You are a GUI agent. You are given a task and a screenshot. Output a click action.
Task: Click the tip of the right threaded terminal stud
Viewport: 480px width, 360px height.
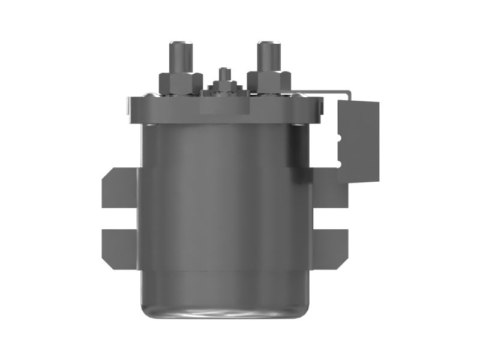click(268, 44)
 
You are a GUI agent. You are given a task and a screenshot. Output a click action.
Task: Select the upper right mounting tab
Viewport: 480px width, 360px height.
click(329, 187)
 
